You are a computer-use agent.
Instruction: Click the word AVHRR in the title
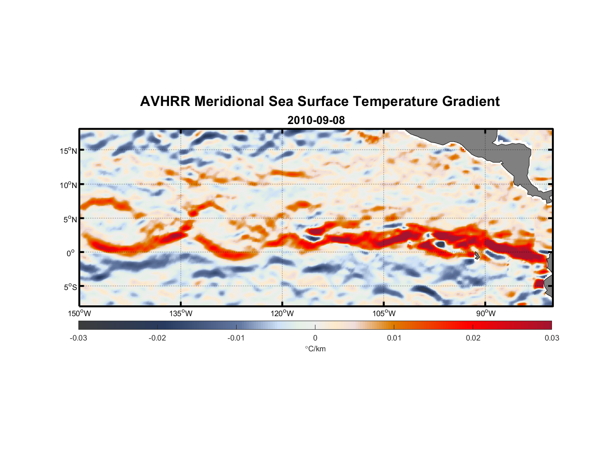tap(164, 101)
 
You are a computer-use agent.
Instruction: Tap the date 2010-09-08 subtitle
tap(316, 120)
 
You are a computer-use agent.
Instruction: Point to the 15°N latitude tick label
tap(68, 151)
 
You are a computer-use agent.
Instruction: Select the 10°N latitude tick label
tap(68, 185)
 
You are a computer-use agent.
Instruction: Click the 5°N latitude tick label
tap(70, 219)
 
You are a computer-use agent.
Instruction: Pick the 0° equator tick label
tap(71, 253)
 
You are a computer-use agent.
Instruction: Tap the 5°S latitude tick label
tap(70, 287)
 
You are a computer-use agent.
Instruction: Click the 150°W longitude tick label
tap(79, 313)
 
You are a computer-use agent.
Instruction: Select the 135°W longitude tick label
tap(181, 313)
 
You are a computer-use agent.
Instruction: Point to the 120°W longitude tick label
tap(282, 313)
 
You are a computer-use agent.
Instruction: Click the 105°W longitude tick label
tap(384, 313)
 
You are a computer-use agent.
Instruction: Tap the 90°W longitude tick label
tap(485, 313)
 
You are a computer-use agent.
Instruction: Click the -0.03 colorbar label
tap(78, 338)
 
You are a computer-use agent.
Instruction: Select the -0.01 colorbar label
tap(236, 338)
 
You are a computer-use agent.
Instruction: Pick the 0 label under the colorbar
tap(315, 338)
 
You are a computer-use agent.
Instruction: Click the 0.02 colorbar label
tap(473, 338)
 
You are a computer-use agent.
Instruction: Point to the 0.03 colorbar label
tap(552, 338)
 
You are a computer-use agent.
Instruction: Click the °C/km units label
tap(315, 349)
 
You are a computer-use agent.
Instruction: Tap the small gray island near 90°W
tap(476, 255)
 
